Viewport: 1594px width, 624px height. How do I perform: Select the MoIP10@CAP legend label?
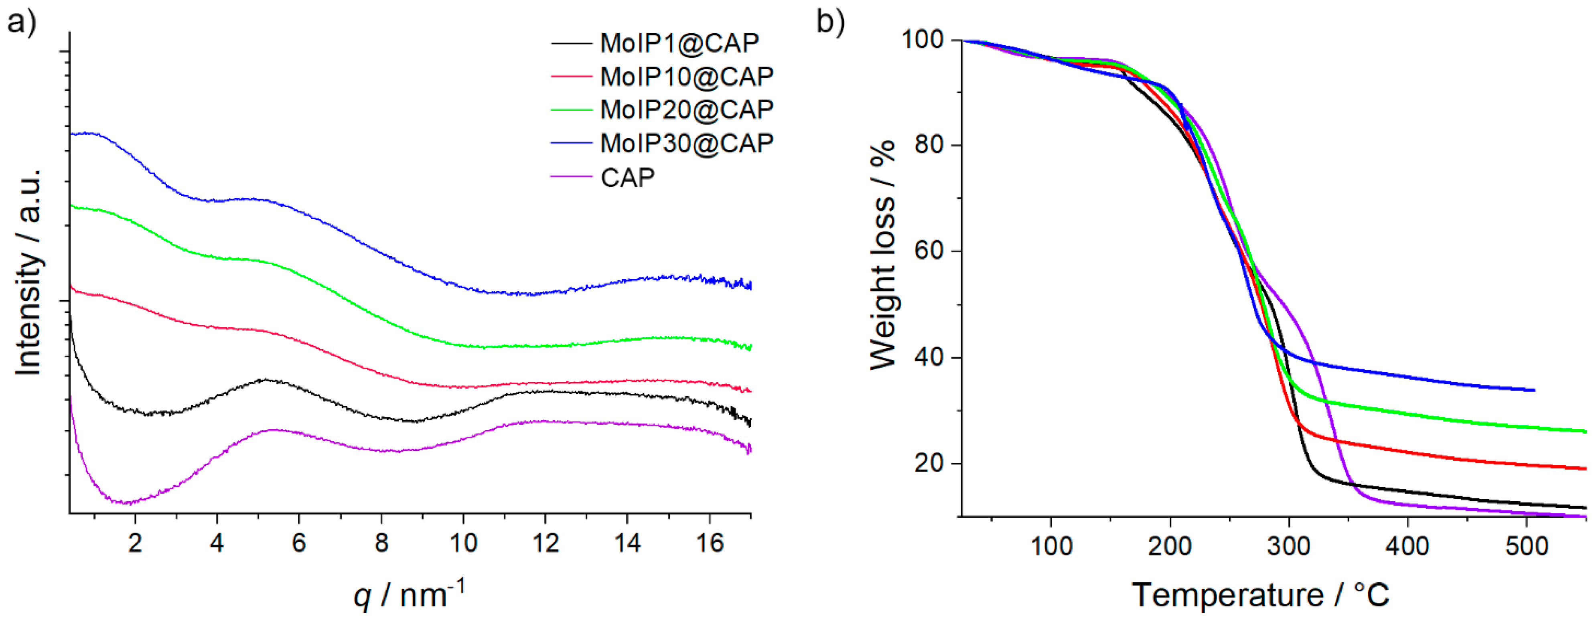686,76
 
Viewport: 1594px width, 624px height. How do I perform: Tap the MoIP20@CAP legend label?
686,109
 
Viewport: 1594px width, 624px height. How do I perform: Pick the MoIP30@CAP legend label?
686,143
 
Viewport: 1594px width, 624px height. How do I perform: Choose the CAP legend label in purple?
627,178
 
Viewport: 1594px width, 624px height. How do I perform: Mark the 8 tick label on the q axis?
381,543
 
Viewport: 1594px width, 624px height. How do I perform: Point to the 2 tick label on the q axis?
135,543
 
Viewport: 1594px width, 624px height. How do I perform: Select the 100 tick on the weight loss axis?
922,40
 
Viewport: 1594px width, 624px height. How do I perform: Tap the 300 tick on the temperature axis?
1289,545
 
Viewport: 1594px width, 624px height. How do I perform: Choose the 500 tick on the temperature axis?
1527,545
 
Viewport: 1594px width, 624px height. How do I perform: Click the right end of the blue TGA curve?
1534,390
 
